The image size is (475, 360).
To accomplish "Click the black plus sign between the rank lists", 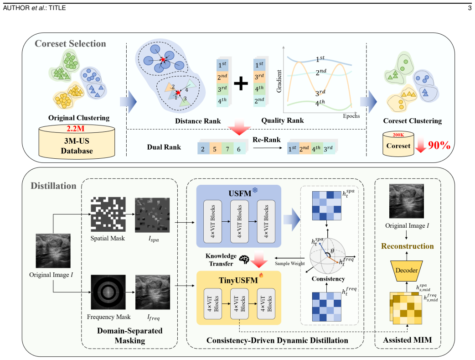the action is click(241, 83).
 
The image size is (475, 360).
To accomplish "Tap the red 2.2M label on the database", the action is click(75, 129).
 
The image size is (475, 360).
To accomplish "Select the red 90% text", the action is click(439, 145).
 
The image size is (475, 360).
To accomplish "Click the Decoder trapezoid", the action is click(407, 270).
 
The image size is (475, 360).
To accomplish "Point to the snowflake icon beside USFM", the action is click(255, 190).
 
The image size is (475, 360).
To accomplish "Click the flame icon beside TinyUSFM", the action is click(261, 275).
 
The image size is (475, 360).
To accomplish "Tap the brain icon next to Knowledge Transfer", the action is click(244, 259).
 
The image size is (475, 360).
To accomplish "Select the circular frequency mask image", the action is click(108, 292).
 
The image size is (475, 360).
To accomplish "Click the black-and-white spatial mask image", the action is click(108, 214).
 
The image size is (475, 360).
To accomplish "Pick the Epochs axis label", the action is click(351, 116).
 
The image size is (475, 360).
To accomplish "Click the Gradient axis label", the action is click(279, 81).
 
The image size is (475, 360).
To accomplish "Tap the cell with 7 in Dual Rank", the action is click(227, 149).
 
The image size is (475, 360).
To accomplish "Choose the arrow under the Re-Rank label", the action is click(268, 148).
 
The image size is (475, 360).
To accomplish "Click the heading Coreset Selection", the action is click(70, 44).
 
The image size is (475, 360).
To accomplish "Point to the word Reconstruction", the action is click(408, 246).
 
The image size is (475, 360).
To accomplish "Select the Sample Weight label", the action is click(290, 264).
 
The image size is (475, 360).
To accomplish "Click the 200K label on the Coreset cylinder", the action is click(398, 135).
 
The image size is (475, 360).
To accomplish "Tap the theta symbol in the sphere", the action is click(332, 251).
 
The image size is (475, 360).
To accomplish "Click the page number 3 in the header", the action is click(470, 8).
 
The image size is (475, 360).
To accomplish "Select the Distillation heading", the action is click(53, 186).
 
